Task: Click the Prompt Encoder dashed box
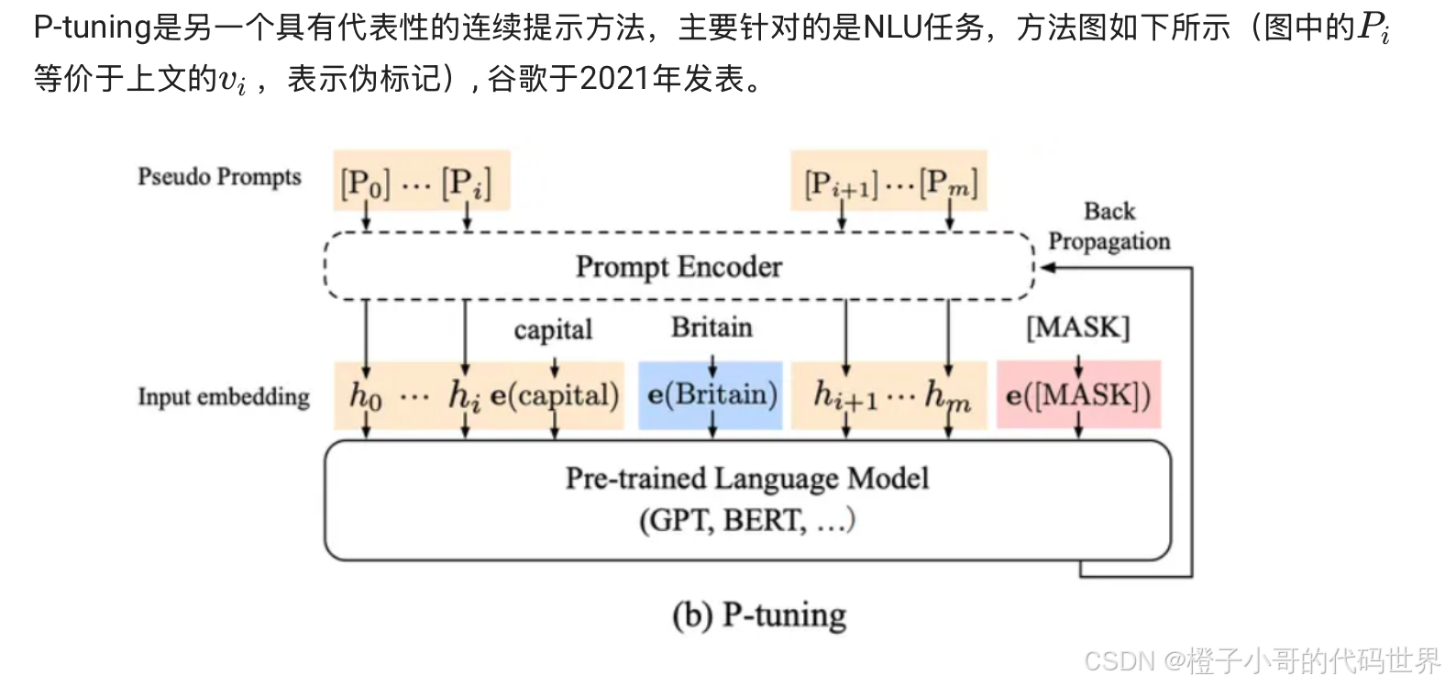tap(678, 267)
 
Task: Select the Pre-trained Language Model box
tap(747, 500)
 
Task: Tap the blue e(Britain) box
tap(711, 395)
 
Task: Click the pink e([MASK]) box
tap(1078, 395)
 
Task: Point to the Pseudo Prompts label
tap(219, 176)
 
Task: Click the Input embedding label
tap(224, 396)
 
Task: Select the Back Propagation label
tap(1109, 226)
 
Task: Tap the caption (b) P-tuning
tap(759, 614)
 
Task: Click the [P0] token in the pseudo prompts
tap(365, 183)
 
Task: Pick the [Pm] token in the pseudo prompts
tap(949, 183)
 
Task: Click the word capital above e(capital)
tap(553, 330)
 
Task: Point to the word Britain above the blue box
tap(711, 327)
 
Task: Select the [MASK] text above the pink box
tap(1078, 327)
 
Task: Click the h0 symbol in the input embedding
tap(365, 395)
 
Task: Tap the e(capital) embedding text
tap(555, 395)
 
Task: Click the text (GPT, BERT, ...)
tap(747, 520)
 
